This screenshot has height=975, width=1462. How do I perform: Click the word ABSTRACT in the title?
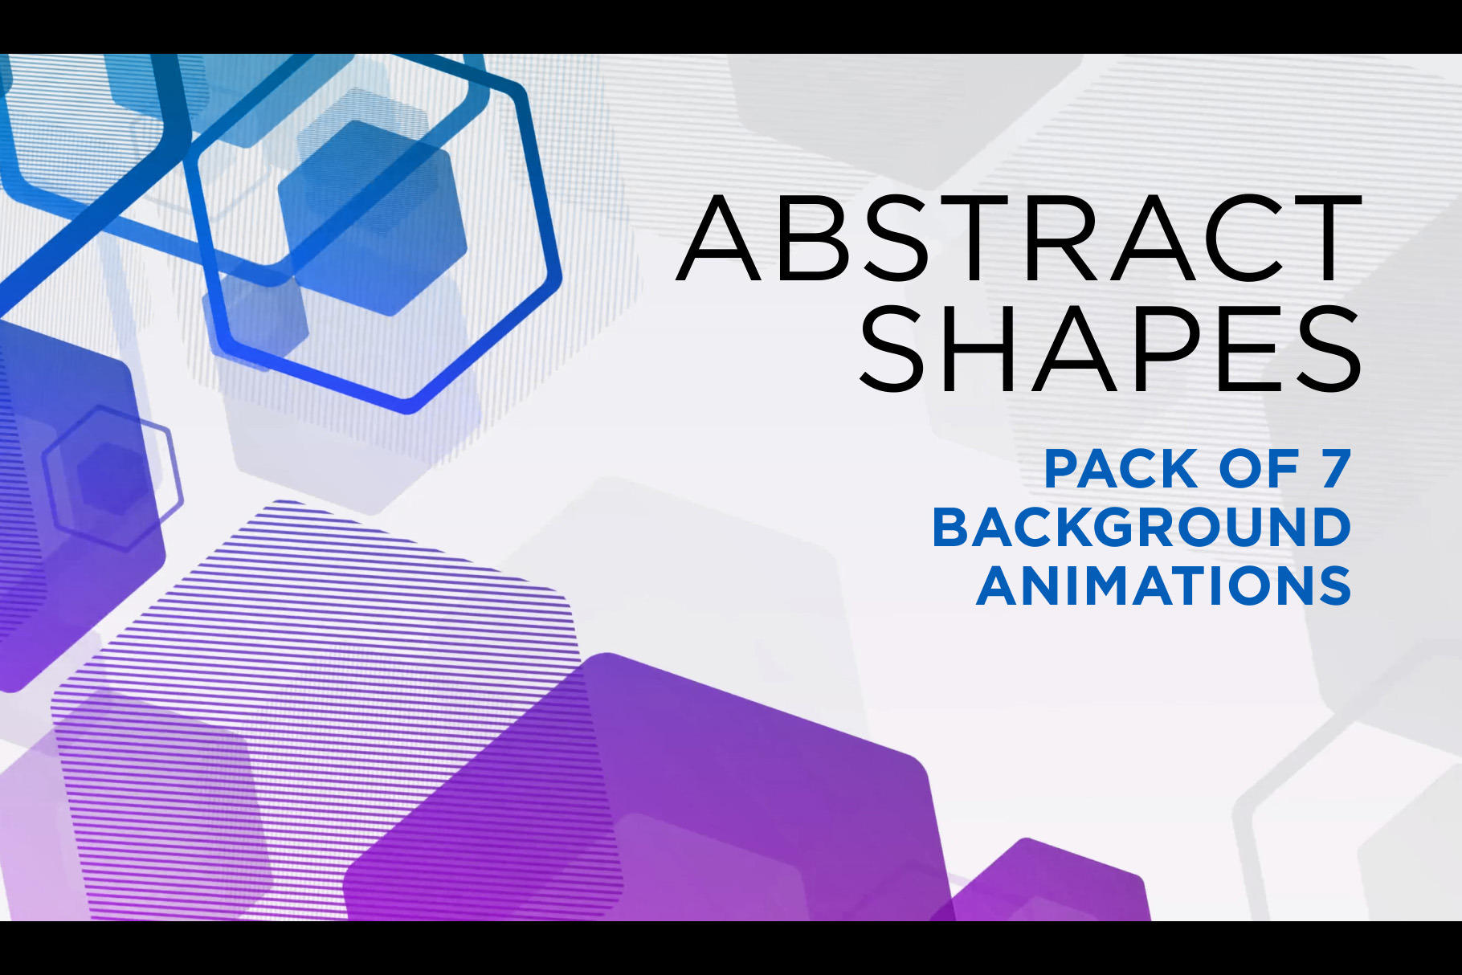point(1019,237)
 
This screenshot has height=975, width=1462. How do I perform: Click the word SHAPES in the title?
point(1111,349)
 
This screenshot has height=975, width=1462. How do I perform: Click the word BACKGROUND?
point(1141,528)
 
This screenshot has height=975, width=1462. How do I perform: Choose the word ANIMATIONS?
point(1164,585)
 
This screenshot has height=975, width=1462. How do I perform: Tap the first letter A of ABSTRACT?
point(719,237)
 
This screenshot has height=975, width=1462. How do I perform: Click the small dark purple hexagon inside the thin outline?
point(112,479)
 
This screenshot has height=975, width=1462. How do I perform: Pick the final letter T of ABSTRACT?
point(1321,237)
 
